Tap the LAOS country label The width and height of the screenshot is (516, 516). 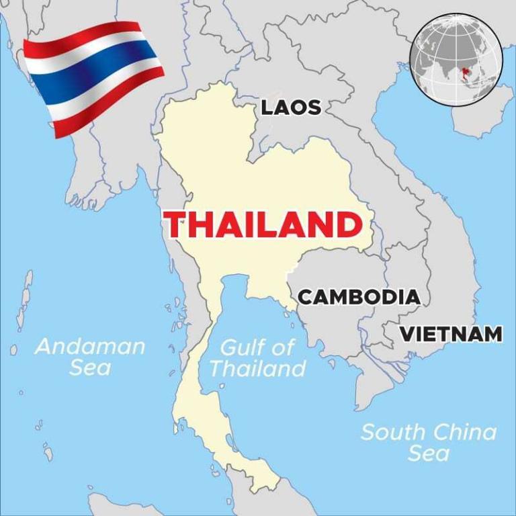290,107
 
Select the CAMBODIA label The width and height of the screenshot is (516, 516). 359,297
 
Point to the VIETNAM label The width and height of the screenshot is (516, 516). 451,334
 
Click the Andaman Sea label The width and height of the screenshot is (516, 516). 90,357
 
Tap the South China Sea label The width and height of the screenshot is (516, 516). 429,441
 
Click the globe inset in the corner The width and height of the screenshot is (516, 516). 456,58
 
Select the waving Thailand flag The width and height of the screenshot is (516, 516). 94,74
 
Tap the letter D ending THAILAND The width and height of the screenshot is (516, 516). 347,224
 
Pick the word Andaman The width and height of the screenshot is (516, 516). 90,347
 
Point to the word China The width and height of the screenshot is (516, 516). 464,431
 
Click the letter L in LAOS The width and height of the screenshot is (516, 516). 267,107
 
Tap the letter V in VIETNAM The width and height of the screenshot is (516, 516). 408,334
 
